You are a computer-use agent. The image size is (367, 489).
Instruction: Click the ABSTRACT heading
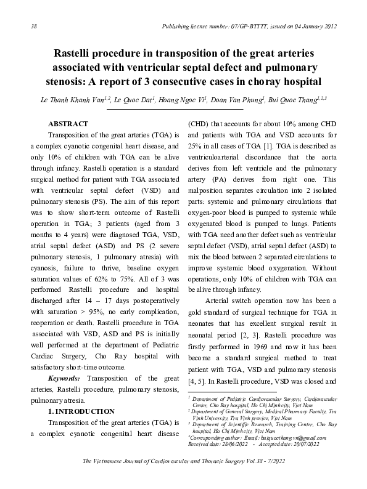[68, 124]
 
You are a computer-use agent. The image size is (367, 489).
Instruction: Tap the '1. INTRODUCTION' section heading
[81, 410]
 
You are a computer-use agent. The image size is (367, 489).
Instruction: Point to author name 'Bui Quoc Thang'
[305, 100]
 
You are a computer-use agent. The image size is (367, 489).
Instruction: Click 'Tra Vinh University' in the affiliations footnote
[212, 417]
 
